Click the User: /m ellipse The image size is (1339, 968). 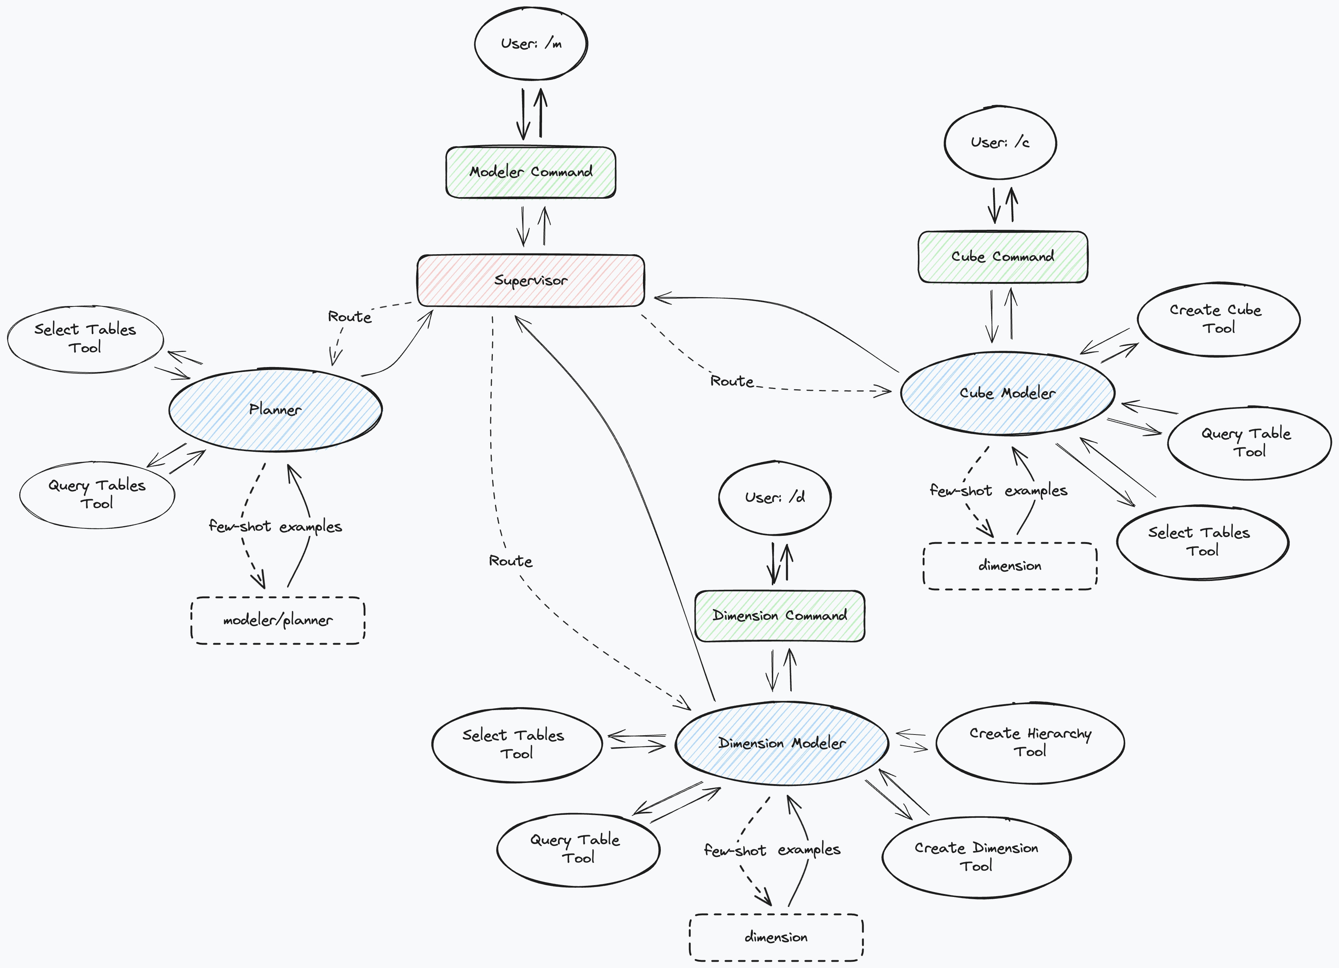(x=531, y=44)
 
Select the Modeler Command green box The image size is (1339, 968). (x=531, y=172)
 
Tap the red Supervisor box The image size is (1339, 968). (x=531, y=280)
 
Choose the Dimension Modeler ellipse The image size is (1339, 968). (x=782, y=743)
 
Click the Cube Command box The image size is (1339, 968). (x=1002, y=257)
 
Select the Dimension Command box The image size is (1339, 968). (x=779, y=615)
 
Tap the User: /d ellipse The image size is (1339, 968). (x=775, y=497)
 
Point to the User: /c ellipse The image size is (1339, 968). (x=1000, y=142)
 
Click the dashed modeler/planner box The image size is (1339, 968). (x=277, y=620)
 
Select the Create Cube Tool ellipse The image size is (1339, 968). (x=1218, y=319)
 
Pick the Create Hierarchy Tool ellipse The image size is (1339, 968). (x=1030, y=742)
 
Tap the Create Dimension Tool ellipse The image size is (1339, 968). (x=976, y=857)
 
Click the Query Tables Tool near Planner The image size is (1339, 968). (x=97, y=494)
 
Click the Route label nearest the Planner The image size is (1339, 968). (x=350, y=317)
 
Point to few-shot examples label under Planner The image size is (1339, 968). (x=275, y=526)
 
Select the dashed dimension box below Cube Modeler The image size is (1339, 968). (x=1010, y=566)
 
